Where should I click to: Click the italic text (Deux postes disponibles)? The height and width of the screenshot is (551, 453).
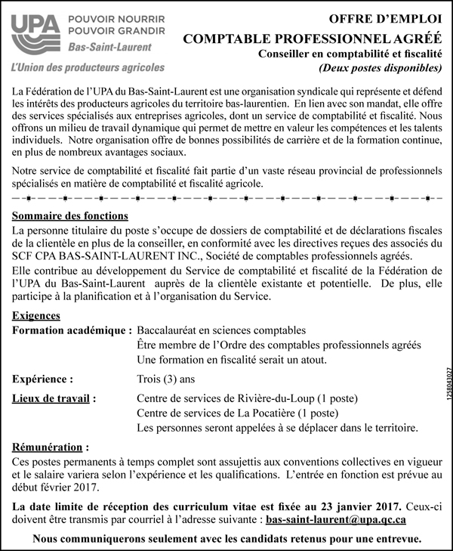380,69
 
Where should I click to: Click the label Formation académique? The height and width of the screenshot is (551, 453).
72,330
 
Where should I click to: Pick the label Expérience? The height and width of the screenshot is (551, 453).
43,379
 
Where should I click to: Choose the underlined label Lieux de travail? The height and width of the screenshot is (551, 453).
56,398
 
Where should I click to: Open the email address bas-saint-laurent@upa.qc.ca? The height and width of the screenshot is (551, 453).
338,520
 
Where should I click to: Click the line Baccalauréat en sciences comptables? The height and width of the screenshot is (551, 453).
221,330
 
